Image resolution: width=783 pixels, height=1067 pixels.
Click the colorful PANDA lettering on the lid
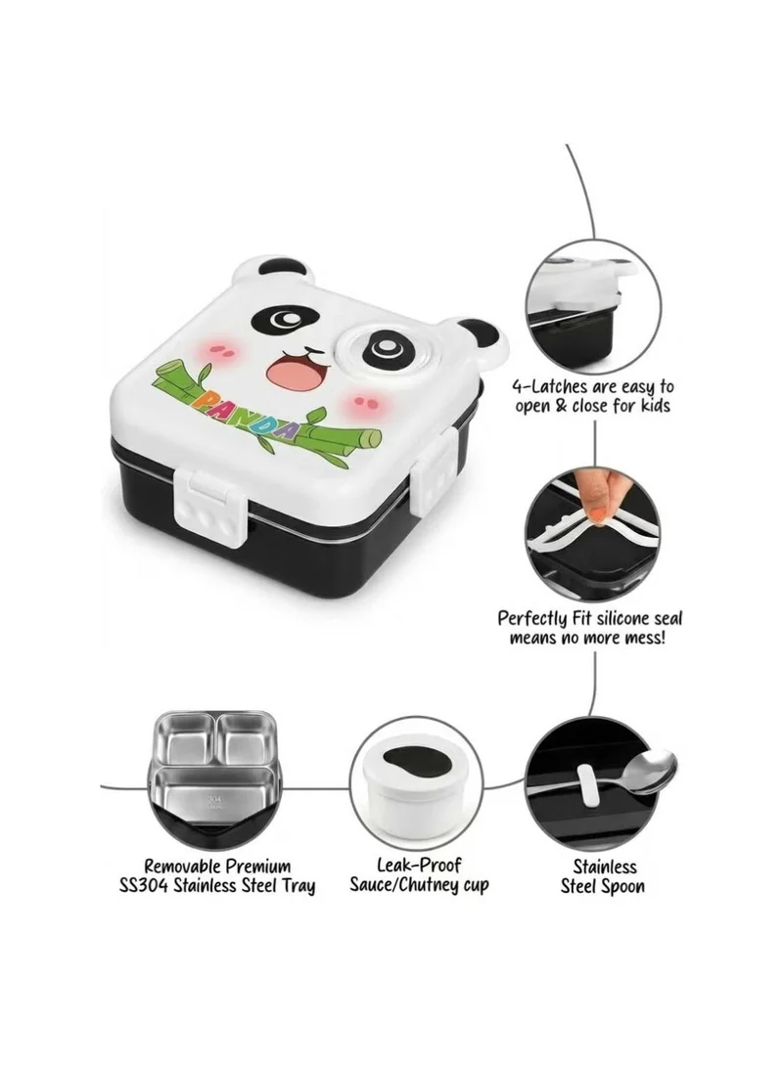pyautogui.click(x=248, y=413)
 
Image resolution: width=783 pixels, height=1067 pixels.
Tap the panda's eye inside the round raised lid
pyautogui.click(x=383, y=349)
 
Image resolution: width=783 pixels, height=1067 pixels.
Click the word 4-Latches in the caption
pyautogui.click(x=550, y=387)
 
